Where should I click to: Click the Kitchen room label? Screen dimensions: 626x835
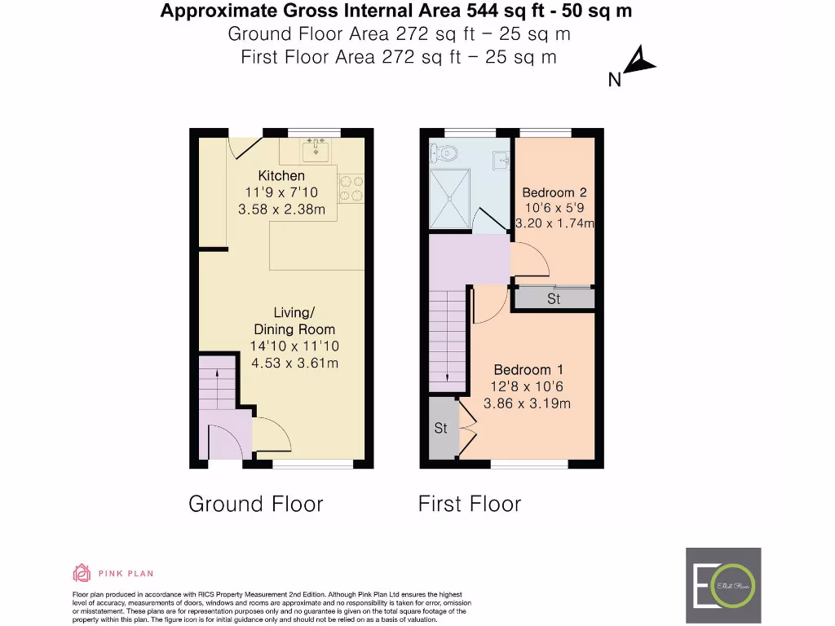(281, 175)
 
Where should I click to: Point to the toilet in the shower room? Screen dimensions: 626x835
(444, 152)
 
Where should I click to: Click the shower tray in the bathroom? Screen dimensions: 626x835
(449, 198)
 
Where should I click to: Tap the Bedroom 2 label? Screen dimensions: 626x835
(554, 192)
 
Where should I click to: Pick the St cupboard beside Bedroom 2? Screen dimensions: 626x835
(554, 299)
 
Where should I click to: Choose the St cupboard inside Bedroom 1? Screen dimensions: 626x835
(440, 428)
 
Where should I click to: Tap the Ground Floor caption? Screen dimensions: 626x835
(255, 504)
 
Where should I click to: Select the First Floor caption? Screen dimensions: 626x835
(469, 504)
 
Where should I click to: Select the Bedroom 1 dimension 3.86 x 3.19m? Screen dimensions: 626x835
(527, 403)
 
